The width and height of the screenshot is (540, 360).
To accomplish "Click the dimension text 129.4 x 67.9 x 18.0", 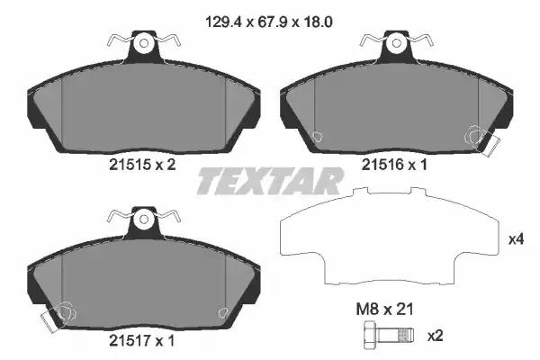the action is pos(268,22).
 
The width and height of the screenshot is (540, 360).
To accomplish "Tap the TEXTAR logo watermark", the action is pos(270,181).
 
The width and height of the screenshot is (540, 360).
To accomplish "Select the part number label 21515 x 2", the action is pos(142,165).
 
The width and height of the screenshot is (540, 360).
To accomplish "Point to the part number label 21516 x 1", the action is pos(394,165).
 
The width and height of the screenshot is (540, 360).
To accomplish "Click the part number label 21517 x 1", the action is pos(142,341).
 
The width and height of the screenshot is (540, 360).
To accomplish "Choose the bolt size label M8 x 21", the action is pos(384,310).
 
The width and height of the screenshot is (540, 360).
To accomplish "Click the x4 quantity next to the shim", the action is pos(517,239).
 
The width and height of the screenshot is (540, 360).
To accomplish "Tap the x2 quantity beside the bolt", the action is pos(435,336).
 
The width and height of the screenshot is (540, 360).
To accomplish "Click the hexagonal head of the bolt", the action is pos(370,335).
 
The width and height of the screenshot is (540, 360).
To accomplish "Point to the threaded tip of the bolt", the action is pos(405,335).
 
